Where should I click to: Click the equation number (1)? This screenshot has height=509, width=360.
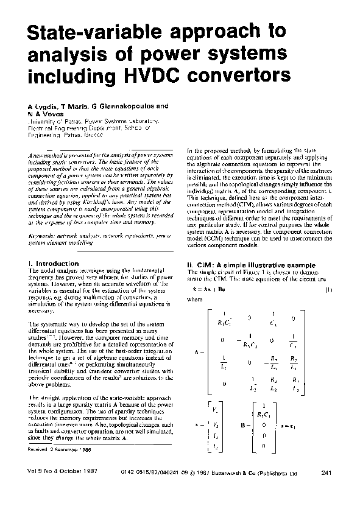327,289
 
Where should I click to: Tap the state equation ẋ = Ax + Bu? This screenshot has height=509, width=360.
210,289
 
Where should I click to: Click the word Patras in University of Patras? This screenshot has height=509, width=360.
67,121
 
